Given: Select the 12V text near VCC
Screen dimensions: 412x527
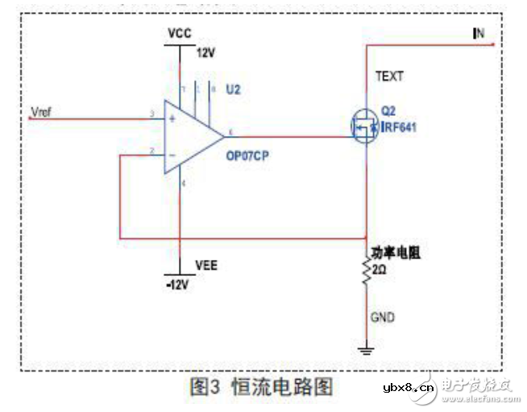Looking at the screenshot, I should coord(207,53).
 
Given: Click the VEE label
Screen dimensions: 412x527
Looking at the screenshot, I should coord(205,265).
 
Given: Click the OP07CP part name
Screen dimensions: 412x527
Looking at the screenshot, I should coord(247,158).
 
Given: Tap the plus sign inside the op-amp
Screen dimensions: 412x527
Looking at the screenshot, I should coord(171,117).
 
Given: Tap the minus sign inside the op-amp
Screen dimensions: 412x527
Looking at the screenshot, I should coord(171,154).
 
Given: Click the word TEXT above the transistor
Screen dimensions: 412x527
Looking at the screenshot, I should coord(389,77).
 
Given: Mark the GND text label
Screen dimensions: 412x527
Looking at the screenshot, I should coord(383,318).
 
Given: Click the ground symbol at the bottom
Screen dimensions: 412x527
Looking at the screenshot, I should coord(365,348).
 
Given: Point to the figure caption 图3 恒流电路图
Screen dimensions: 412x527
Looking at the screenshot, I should coord(262,386).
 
